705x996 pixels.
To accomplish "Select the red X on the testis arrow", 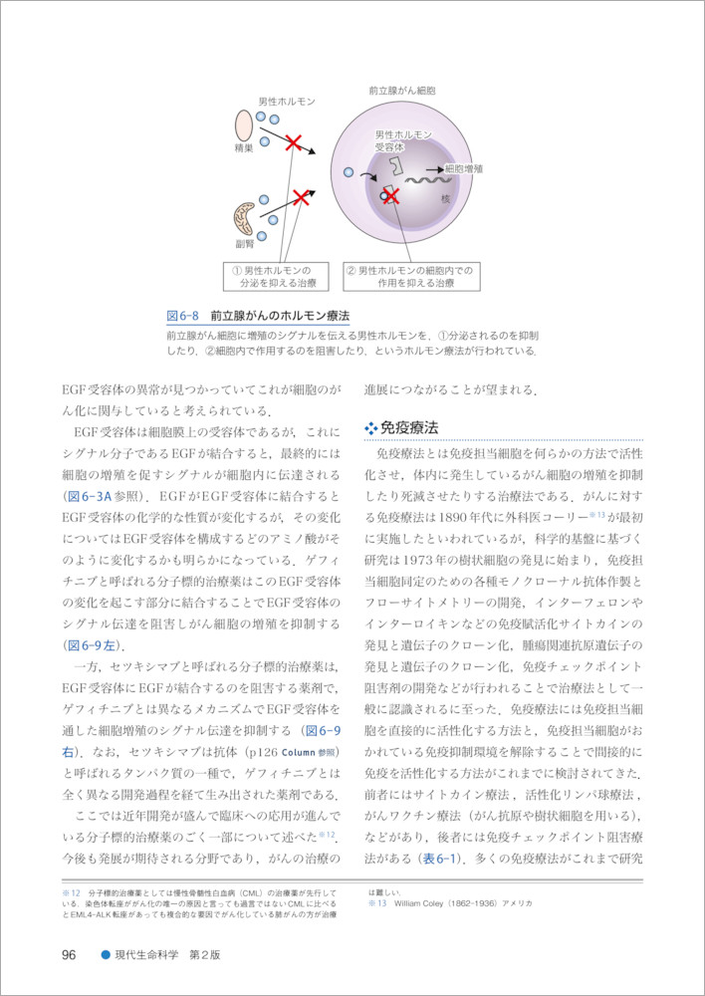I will click(294, 144).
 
